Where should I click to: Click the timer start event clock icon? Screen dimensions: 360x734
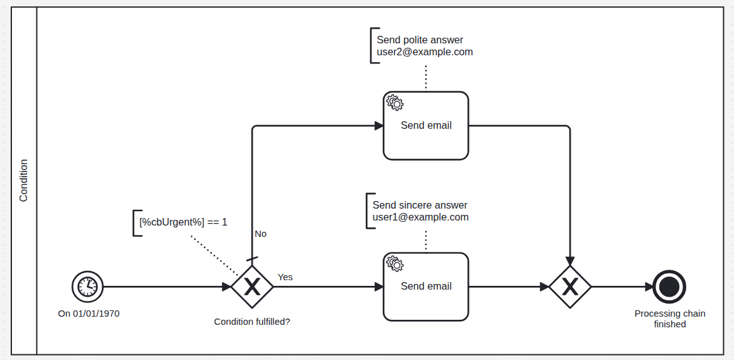(87, 286)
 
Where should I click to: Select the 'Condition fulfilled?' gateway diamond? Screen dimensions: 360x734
(252, 287)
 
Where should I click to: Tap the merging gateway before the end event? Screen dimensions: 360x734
(570, 287)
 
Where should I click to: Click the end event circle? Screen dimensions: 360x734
(669, 286)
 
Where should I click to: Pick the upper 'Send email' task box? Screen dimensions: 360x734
(426, 126)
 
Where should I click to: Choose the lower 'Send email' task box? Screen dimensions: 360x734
(426, 286)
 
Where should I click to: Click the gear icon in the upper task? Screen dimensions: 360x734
(395, 103)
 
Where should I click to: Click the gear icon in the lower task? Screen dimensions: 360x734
(395, 264)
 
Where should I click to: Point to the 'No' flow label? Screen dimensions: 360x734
(260, 234)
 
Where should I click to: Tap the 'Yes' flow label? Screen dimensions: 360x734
(285, 277)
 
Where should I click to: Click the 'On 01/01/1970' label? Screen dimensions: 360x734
(89, 313)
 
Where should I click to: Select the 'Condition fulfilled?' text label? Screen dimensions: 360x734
(252, 322)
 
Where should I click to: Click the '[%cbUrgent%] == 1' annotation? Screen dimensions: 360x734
(183, 222)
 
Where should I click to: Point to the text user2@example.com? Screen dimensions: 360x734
(425, 52)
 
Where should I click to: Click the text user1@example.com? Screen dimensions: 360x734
(420, 217)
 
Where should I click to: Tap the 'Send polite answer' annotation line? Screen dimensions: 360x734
(420, 40)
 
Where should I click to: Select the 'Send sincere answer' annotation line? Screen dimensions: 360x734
(420, 205)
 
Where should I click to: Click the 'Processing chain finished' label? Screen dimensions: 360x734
(670, 319)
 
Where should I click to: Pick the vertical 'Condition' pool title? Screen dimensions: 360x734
(24, 180)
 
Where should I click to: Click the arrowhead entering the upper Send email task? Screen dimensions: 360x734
(379, 126)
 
